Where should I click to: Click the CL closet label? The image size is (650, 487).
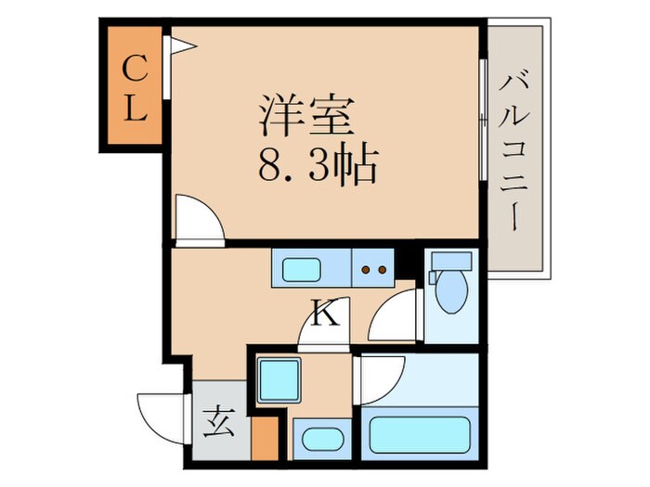pos(136,88)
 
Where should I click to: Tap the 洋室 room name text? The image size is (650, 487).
pos(306,116)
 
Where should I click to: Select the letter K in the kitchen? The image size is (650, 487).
pos(326,314)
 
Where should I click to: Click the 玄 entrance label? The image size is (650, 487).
pos(219,422)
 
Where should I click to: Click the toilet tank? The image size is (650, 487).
pos(451,261)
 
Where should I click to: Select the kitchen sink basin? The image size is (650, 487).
pos(302,270)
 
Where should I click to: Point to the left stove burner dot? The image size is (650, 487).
pos(366,270)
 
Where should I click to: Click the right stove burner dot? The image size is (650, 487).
pos(383,270)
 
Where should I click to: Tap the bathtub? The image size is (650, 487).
pos(420,434)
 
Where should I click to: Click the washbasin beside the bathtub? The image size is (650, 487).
pos(321,439)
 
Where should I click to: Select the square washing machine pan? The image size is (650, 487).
pos(279,380)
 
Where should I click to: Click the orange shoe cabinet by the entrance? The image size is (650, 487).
pos(265,438)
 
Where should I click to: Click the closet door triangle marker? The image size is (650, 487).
pos(182,45)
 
